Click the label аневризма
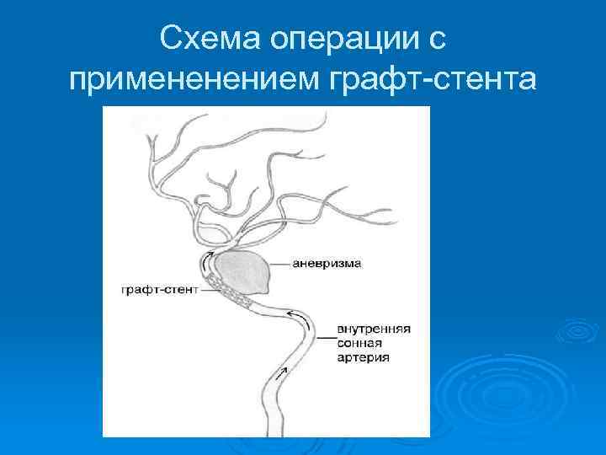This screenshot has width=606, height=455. [x=327, y=264]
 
